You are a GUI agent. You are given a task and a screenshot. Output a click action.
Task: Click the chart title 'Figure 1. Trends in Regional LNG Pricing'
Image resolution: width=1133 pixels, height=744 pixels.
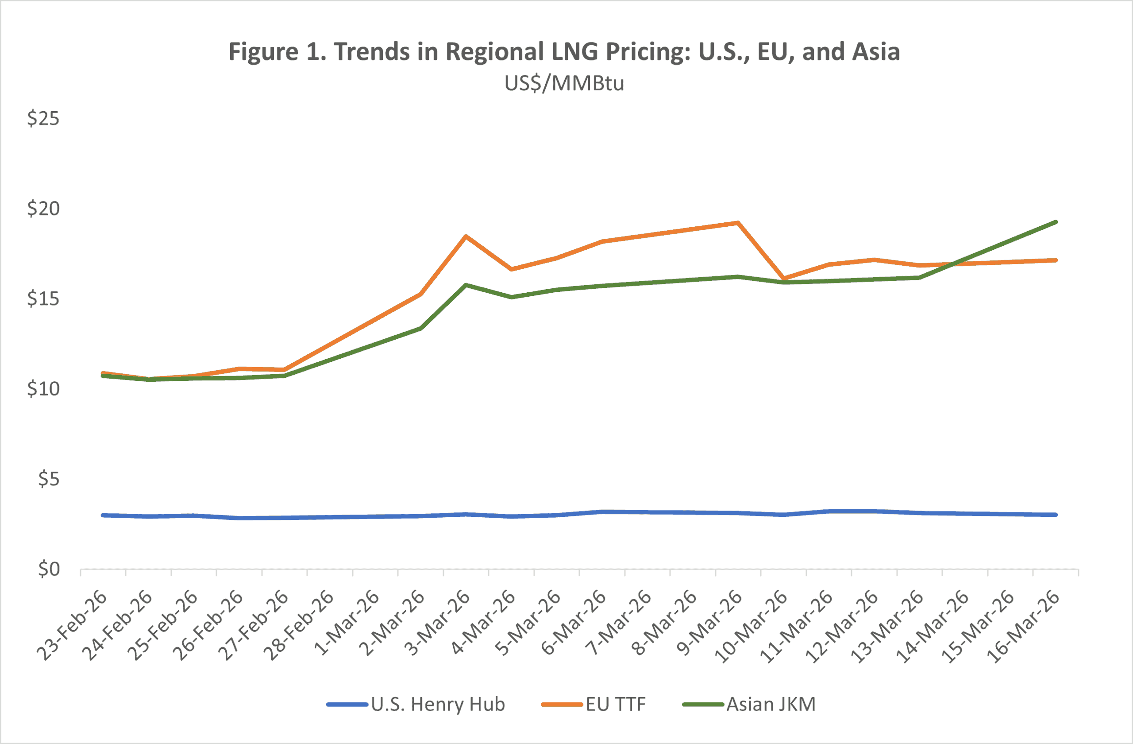pyautogui.click(x=564, y=51)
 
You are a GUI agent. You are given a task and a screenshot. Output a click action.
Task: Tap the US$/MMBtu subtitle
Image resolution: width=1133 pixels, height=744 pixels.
pyautogui.click(x=564, y=83)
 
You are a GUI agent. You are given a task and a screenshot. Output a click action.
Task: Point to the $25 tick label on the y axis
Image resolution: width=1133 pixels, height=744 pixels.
pyautogui.click(x=43, y=118)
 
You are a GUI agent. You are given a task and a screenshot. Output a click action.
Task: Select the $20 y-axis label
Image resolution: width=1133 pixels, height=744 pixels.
pyautogui.click(x=43, y=209)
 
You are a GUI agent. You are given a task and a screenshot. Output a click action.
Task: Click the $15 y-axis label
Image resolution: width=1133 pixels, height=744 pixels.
pyautogui.click(x=43, y=298)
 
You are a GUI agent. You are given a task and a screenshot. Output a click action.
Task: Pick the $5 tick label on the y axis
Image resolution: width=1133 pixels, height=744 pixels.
pyautogui.click(x=49, y=479)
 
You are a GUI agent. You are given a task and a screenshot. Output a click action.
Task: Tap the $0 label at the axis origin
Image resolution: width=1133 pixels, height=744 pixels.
pyautogui.click(x=49, y=569)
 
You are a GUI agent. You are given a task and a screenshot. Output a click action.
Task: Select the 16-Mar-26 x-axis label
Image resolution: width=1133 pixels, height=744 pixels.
pyautogui.click(x=1024, y=626)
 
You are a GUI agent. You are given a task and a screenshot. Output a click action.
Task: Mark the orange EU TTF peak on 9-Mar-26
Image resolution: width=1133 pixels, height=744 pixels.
pyautogui.click(x=737, y=223)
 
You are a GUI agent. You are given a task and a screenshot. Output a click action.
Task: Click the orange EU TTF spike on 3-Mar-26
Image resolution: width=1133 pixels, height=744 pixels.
pyautogui.click(x=466, y=236)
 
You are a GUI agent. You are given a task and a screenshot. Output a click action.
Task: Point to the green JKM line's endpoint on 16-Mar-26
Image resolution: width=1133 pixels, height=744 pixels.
pyautogui.click(x=1056, y=222)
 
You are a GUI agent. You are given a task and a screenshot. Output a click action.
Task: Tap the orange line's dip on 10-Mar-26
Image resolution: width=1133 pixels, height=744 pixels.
pyautogui.click(x=783, y=278)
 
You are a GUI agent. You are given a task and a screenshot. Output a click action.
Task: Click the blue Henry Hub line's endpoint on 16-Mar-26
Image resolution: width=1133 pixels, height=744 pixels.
pyautogui.click(x=1056, y=515)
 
